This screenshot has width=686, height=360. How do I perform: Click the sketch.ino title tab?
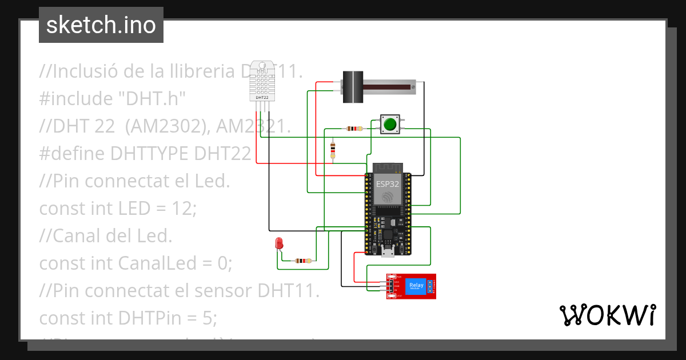(x=101, y=25)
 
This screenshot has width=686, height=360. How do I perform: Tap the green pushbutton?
(x=391, y=124)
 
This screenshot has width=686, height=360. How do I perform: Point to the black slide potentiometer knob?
(x=353, y=87)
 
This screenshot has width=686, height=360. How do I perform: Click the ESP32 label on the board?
(x=387, y=184)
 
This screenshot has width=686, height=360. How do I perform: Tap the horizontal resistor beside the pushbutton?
(x=354, y=129)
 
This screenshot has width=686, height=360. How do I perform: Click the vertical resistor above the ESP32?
(x=333, y=150)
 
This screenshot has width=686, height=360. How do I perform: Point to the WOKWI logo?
(x=607, y=315)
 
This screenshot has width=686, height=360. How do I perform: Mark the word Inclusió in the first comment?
(x=85, y=71)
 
